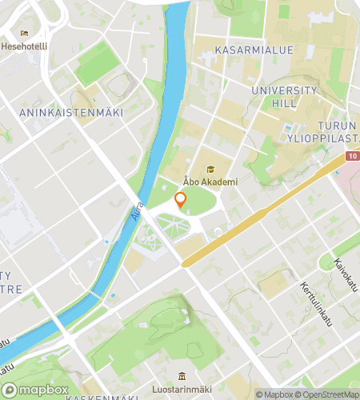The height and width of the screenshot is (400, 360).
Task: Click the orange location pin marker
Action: point(180,201)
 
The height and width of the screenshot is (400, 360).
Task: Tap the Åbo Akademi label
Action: point(210,182)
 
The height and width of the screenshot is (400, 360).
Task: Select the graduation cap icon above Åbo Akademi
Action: point(210,170)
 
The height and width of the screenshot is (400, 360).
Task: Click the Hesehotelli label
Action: point(24,46)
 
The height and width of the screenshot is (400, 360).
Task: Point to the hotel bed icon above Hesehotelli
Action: point(24,34)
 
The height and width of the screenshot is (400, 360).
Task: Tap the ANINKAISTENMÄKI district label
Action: point(70,113)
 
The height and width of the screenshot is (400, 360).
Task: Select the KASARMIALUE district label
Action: point(254,50)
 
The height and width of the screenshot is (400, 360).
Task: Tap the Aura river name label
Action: point(138,212)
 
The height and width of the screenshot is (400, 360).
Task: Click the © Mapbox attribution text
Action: point(275,394)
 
